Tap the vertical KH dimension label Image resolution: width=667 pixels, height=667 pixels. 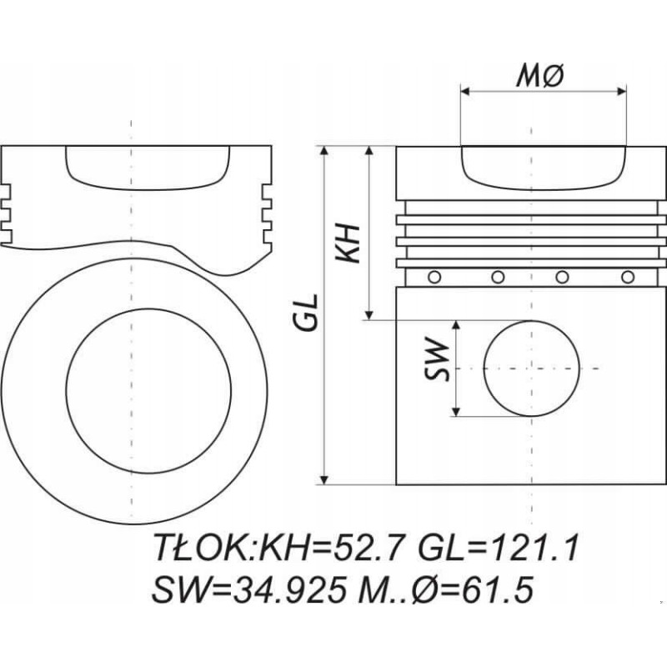click(x=349, y=243)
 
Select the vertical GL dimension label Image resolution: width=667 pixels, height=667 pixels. click(x=308, y=312)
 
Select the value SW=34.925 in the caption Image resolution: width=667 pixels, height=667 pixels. click(x=251, y=589)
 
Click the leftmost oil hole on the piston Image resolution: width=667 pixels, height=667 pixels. click(x=432, y=277)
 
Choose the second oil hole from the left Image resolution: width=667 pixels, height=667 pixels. click(x=497, y=277)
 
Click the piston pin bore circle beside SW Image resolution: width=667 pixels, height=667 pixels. click(x=530, y=368)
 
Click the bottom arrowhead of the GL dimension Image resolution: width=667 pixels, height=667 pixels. click(x=324, y=479)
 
